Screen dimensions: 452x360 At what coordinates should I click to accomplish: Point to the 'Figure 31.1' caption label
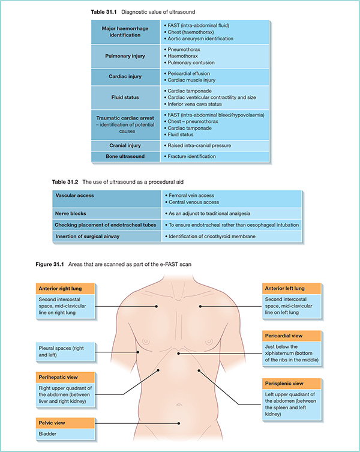coord(53,264)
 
